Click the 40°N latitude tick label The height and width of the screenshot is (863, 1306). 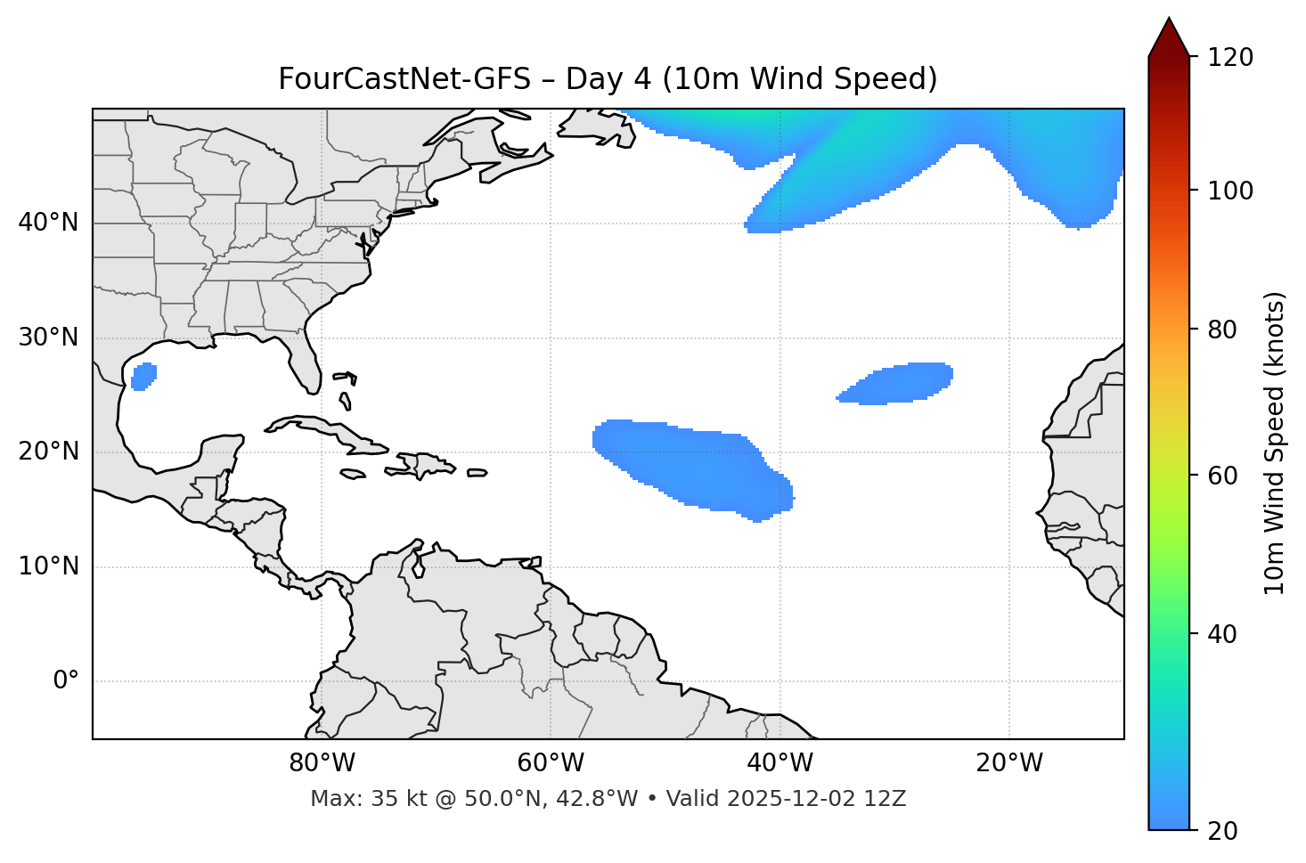[48, 223]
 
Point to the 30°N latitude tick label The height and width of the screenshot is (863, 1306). [48, 338]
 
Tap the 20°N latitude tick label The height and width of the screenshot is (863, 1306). [48, 452]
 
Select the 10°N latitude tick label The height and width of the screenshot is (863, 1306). [48, 566]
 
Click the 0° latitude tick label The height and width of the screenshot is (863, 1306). [66, 681]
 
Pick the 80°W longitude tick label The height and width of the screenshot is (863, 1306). [322, 763]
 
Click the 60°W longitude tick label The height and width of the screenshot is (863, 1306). [551, 763]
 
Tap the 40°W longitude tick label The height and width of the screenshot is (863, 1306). [780, 763]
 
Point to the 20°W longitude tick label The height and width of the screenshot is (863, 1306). [1009, 763]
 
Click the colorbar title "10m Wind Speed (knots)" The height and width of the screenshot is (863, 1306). [1275, 443]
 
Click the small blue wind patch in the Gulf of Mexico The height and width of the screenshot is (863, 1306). [143, 377]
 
